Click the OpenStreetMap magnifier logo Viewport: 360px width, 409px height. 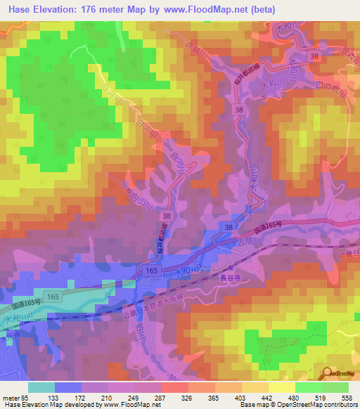[x=328, y=373]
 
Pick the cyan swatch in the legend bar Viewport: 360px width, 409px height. [x=41, y=387]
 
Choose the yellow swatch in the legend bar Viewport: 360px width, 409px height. [x=282, y=387]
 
